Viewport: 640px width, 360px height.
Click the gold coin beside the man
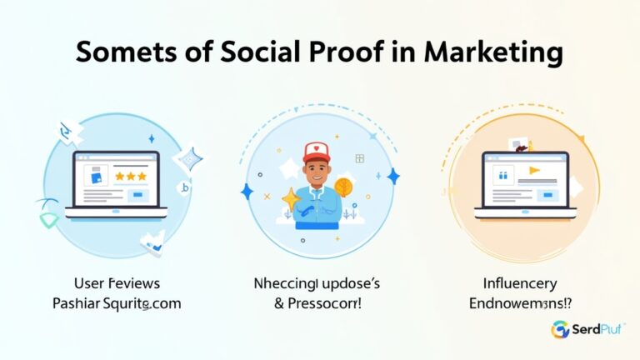click(343, 187)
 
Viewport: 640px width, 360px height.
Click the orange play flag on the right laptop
click(533, 172)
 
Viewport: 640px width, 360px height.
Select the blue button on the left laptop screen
click(138, 195)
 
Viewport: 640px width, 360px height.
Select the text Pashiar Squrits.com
click(115, 304)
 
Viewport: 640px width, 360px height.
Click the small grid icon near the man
click(360, 157)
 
